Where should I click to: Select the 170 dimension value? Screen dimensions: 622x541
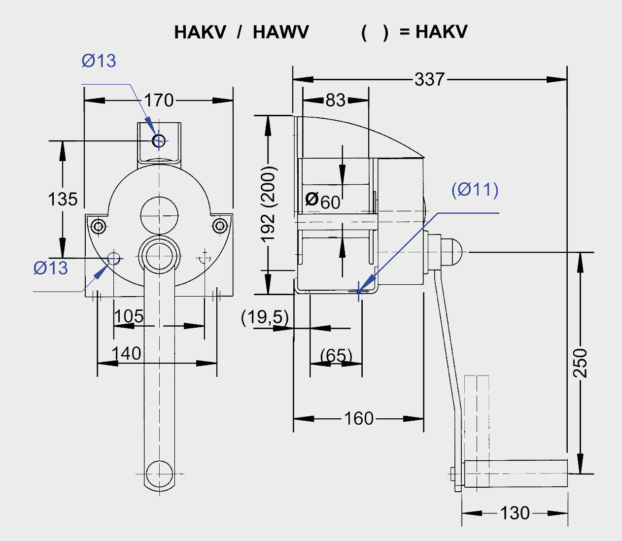pyautogui.click(x=159, y=101)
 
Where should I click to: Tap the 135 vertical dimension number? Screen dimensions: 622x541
pyautogui.click(x=63, y=200)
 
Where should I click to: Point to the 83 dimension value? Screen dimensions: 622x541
pyautogui.click(x=336, y=100)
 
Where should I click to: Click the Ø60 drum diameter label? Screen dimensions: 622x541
pyautogui.click(x=322, y=201)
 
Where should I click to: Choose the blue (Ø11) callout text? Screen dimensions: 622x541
pyautogui.click(x=475, y=190)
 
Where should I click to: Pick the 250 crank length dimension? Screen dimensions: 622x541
pyautogui.click(x=580, y=363)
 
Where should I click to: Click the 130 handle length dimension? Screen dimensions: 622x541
pyautogui.click(x=515, y=513)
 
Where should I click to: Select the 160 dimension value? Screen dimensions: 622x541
pyautogui.click(x=359, y=418)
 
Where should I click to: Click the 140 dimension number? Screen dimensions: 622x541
pyautogui.click(x=126, y=353)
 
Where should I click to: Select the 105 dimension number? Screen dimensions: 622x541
pyautogui.click(x=129, y=316)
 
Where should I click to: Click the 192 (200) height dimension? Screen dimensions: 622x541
pyautogui.click(x=268, y=204)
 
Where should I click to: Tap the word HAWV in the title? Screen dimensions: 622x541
pyautogui.click(x=281, y=32)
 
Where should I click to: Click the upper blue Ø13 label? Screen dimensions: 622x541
pyautogui.click(x=99, y=61)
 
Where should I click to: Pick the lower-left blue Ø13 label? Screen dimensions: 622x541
pyautogui.click(x=50, y=268)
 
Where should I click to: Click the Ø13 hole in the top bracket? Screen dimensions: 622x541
pyautogui.click(x=159, y=141)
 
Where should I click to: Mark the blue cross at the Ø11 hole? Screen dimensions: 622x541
pyautogui.click(x=359, y=291)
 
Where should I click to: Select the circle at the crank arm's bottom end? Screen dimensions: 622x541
pyautogui.click(x=159, y=474)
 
